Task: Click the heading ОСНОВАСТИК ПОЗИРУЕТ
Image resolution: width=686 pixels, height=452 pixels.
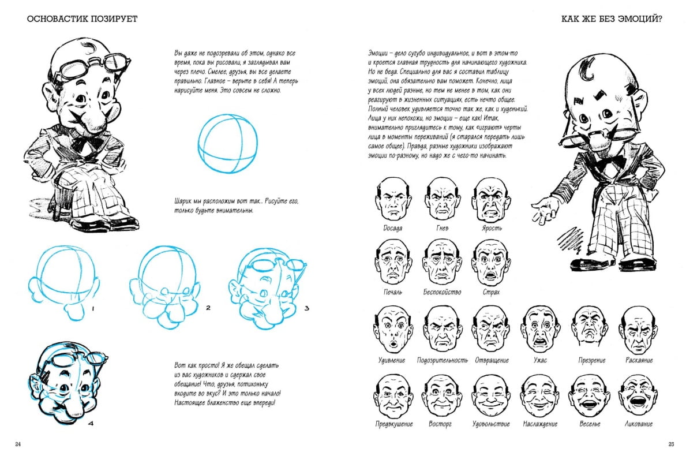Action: (x=83, y=19)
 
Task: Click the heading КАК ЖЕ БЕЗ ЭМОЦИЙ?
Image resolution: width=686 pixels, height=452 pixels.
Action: (x=612, y=19)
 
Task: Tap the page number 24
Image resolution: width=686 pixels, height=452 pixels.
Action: (x=18, y=444)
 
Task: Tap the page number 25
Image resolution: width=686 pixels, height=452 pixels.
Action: (x=671, y=444)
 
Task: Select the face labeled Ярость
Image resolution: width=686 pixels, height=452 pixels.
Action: (x=492, y=200)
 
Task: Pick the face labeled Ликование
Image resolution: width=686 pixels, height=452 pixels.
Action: (x=638, y=397)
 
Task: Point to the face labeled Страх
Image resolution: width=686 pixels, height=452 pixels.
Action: (x=492, y=262)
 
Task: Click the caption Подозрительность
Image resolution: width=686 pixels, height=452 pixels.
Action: (x=443, y=360)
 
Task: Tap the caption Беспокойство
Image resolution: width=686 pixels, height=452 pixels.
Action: (x=442, y=292)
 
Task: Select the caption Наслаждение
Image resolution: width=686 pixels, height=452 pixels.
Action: (x=540, y=424)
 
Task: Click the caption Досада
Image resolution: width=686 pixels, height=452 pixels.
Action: (x=393, y=228)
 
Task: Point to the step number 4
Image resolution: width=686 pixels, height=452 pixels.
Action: (x=91, y=423)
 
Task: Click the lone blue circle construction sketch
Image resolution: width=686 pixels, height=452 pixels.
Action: (x=227, y=143)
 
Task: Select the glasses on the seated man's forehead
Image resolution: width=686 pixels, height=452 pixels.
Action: (x=92, y=64)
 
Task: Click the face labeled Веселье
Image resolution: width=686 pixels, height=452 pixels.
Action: (x=589, y=397)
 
